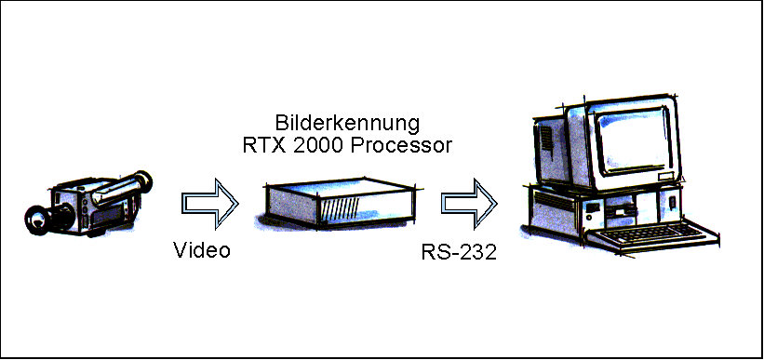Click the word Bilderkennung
click(347, 123)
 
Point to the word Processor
click(401, 145)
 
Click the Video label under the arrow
click(202, 250)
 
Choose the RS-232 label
click(459, 253)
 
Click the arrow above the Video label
click(210, 203)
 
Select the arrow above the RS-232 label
click(469, 204)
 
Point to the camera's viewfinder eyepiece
click(143, 180)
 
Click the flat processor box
click(339, 203)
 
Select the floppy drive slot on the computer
click(621, 210)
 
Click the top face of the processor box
click(340, 188)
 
